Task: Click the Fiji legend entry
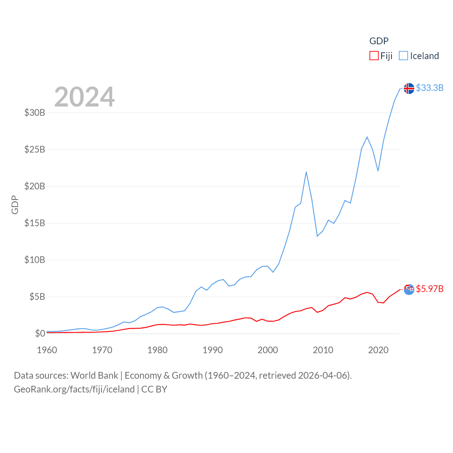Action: [x=381, y=56]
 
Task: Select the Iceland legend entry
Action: [x=419, y=56]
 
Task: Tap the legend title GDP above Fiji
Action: [x=379, y=41]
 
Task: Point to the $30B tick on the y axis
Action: [x=35, y=113]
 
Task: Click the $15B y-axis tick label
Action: [x=35, y=223]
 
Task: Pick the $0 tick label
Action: [x=40, y=333]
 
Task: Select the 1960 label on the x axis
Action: [x=47, y=350]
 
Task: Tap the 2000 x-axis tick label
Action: [x=268, y=350]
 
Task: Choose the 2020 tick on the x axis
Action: [x=378, y=350]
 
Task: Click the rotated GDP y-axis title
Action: [x=15, y=205]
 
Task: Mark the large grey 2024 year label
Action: [x=85, y=97]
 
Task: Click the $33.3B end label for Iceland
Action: [x=430, y=88]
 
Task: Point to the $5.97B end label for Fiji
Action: [x=430, y=289]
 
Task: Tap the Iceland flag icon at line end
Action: [x=409, y=88]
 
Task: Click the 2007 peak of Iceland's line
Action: [x=306, y=172]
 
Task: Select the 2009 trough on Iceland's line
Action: [x=317, y=236]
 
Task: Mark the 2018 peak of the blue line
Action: [x=367, y=137]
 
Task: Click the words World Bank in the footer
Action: [x=94, y=375]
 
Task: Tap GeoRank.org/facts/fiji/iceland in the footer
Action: [x=74, y=389]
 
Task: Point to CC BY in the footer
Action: [x=154, y=389]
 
